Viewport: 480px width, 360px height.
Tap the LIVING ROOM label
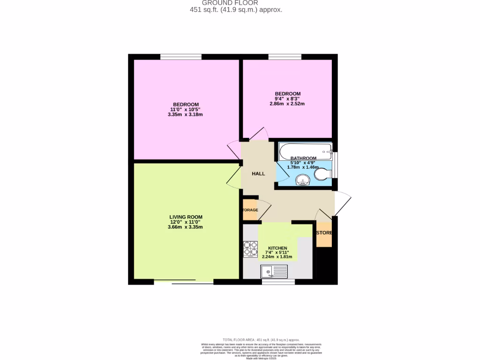point(186,217)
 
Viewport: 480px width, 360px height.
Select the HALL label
point(258,173)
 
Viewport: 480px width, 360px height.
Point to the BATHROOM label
point(303,158)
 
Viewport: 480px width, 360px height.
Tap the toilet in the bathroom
point(322,174)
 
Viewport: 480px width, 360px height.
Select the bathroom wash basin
point(302,180)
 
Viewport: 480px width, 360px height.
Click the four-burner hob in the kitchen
point(251,248)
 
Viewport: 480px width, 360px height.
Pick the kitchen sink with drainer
point(275,270)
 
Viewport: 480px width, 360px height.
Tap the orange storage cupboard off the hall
point(250,210)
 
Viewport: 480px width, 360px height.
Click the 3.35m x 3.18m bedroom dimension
point(186,114)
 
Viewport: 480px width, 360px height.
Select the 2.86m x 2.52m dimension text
point(287,104)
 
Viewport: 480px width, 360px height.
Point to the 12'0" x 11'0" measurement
point(186,222)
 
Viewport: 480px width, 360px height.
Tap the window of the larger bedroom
point(181,57)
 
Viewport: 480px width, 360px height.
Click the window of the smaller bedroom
point(285,57)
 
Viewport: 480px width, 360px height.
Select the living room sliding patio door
point(183,282)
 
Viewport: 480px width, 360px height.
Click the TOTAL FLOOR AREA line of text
point(261,339)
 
